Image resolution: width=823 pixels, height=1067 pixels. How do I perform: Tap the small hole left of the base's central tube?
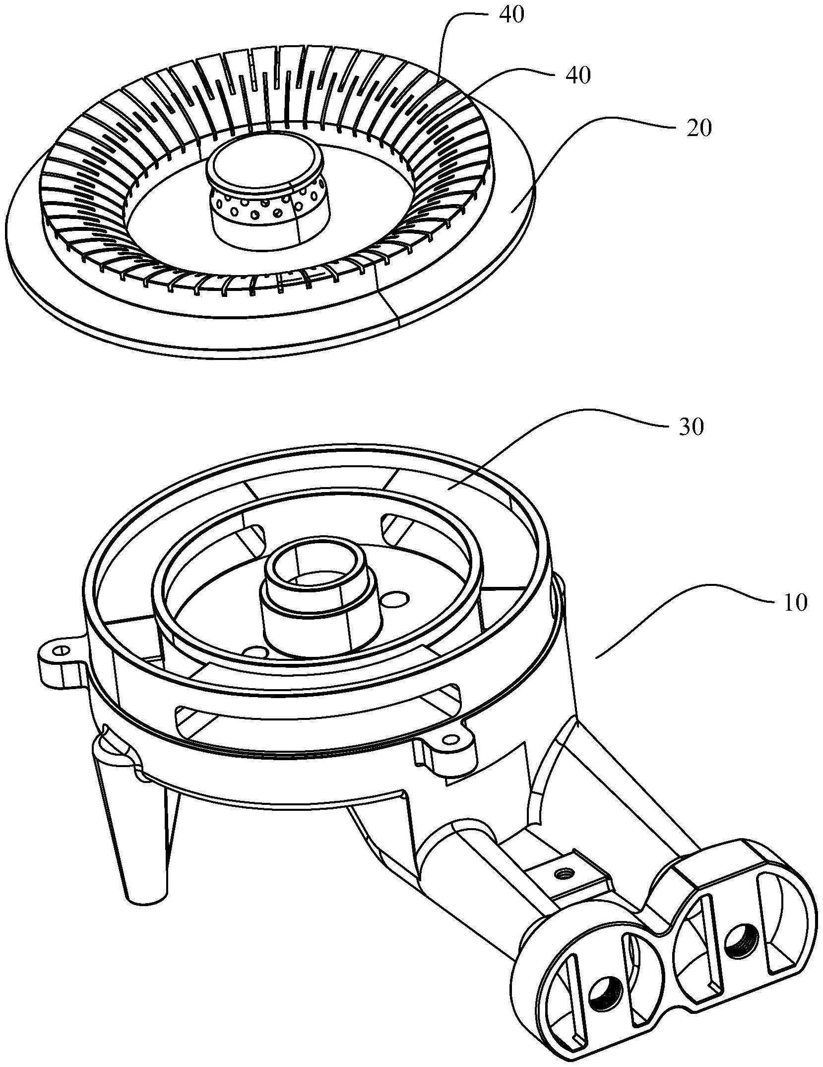pyautogui.click(x=256, y=651)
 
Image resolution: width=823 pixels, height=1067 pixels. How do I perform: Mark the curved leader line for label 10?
pyautogui.click(x=684, y=615)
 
